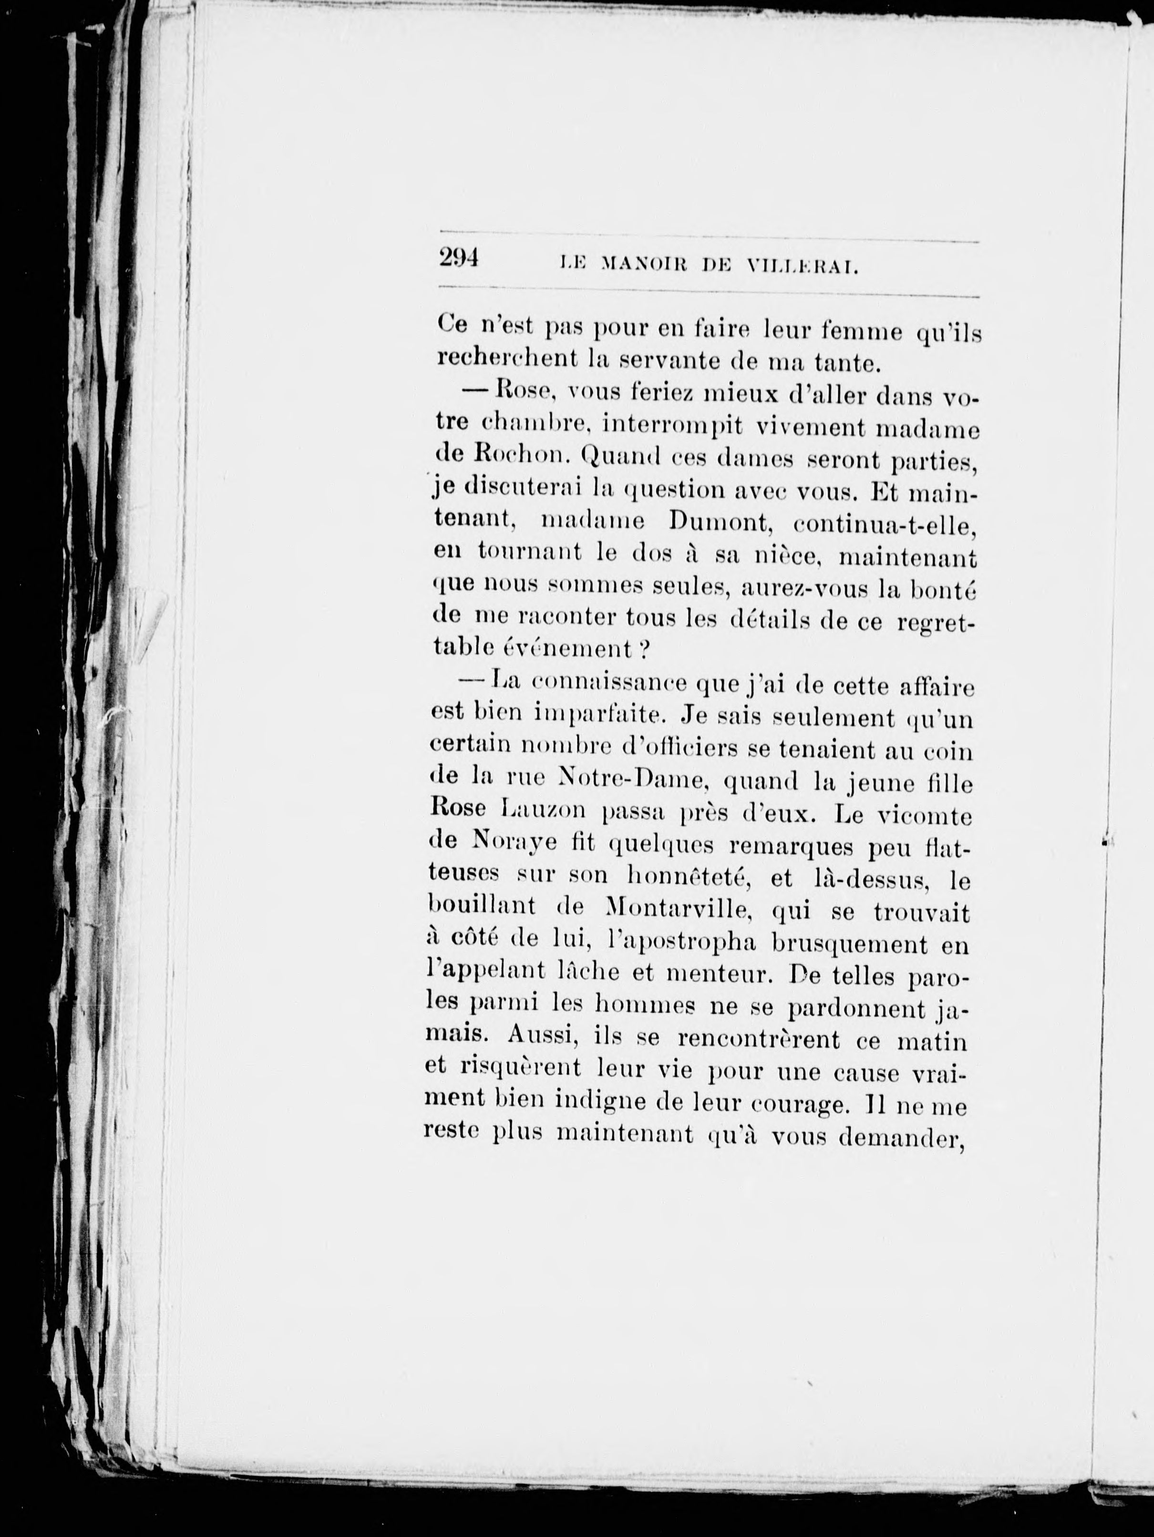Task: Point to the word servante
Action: tap(658, 362)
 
